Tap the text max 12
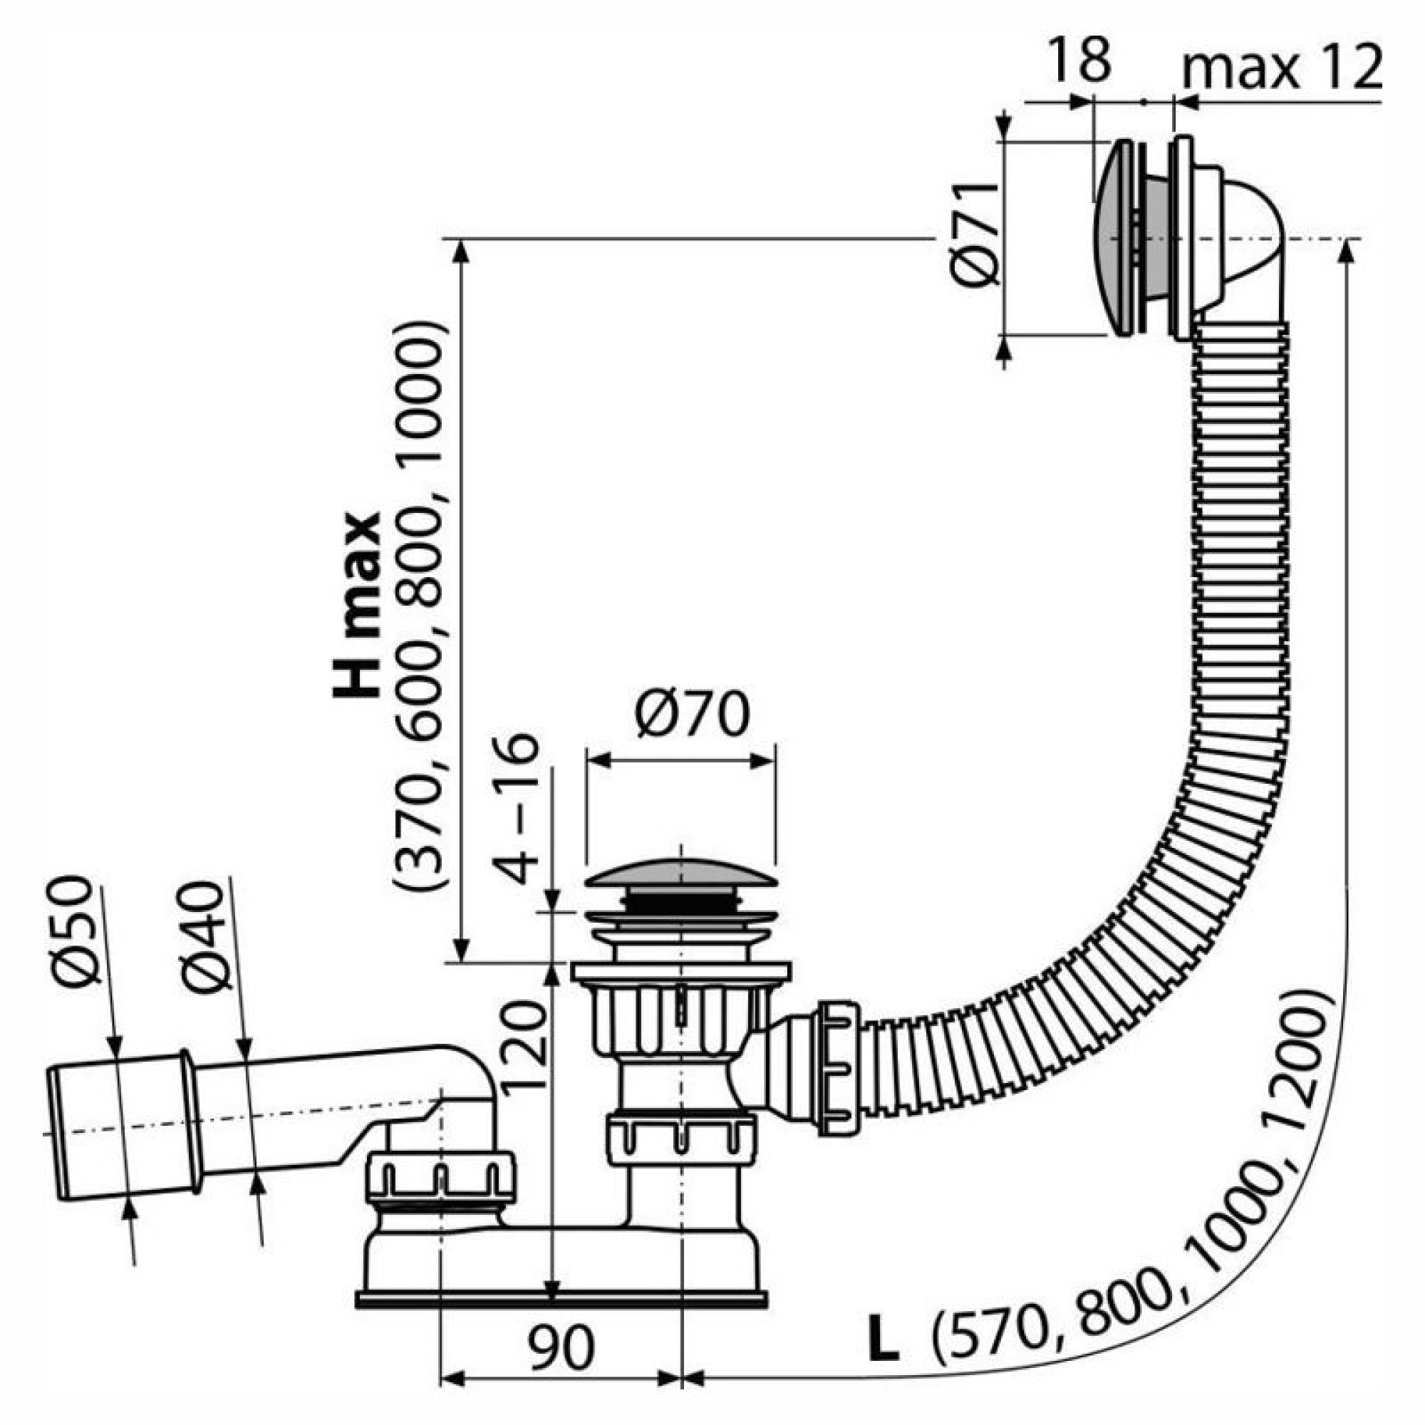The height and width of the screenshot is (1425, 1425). (x=1281, y=70)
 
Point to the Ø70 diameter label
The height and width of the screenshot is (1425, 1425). (x=691, y=714)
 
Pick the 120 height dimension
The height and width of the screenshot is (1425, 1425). (x=526, y=1046)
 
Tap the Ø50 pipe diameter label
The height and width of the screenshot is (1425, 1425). (x=76, y=929)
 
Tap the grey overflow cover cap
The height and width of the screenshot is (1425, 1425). (x=1114, y=237)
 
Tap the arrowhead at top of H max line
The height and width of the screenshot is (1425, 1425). (x=461, y=253)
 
